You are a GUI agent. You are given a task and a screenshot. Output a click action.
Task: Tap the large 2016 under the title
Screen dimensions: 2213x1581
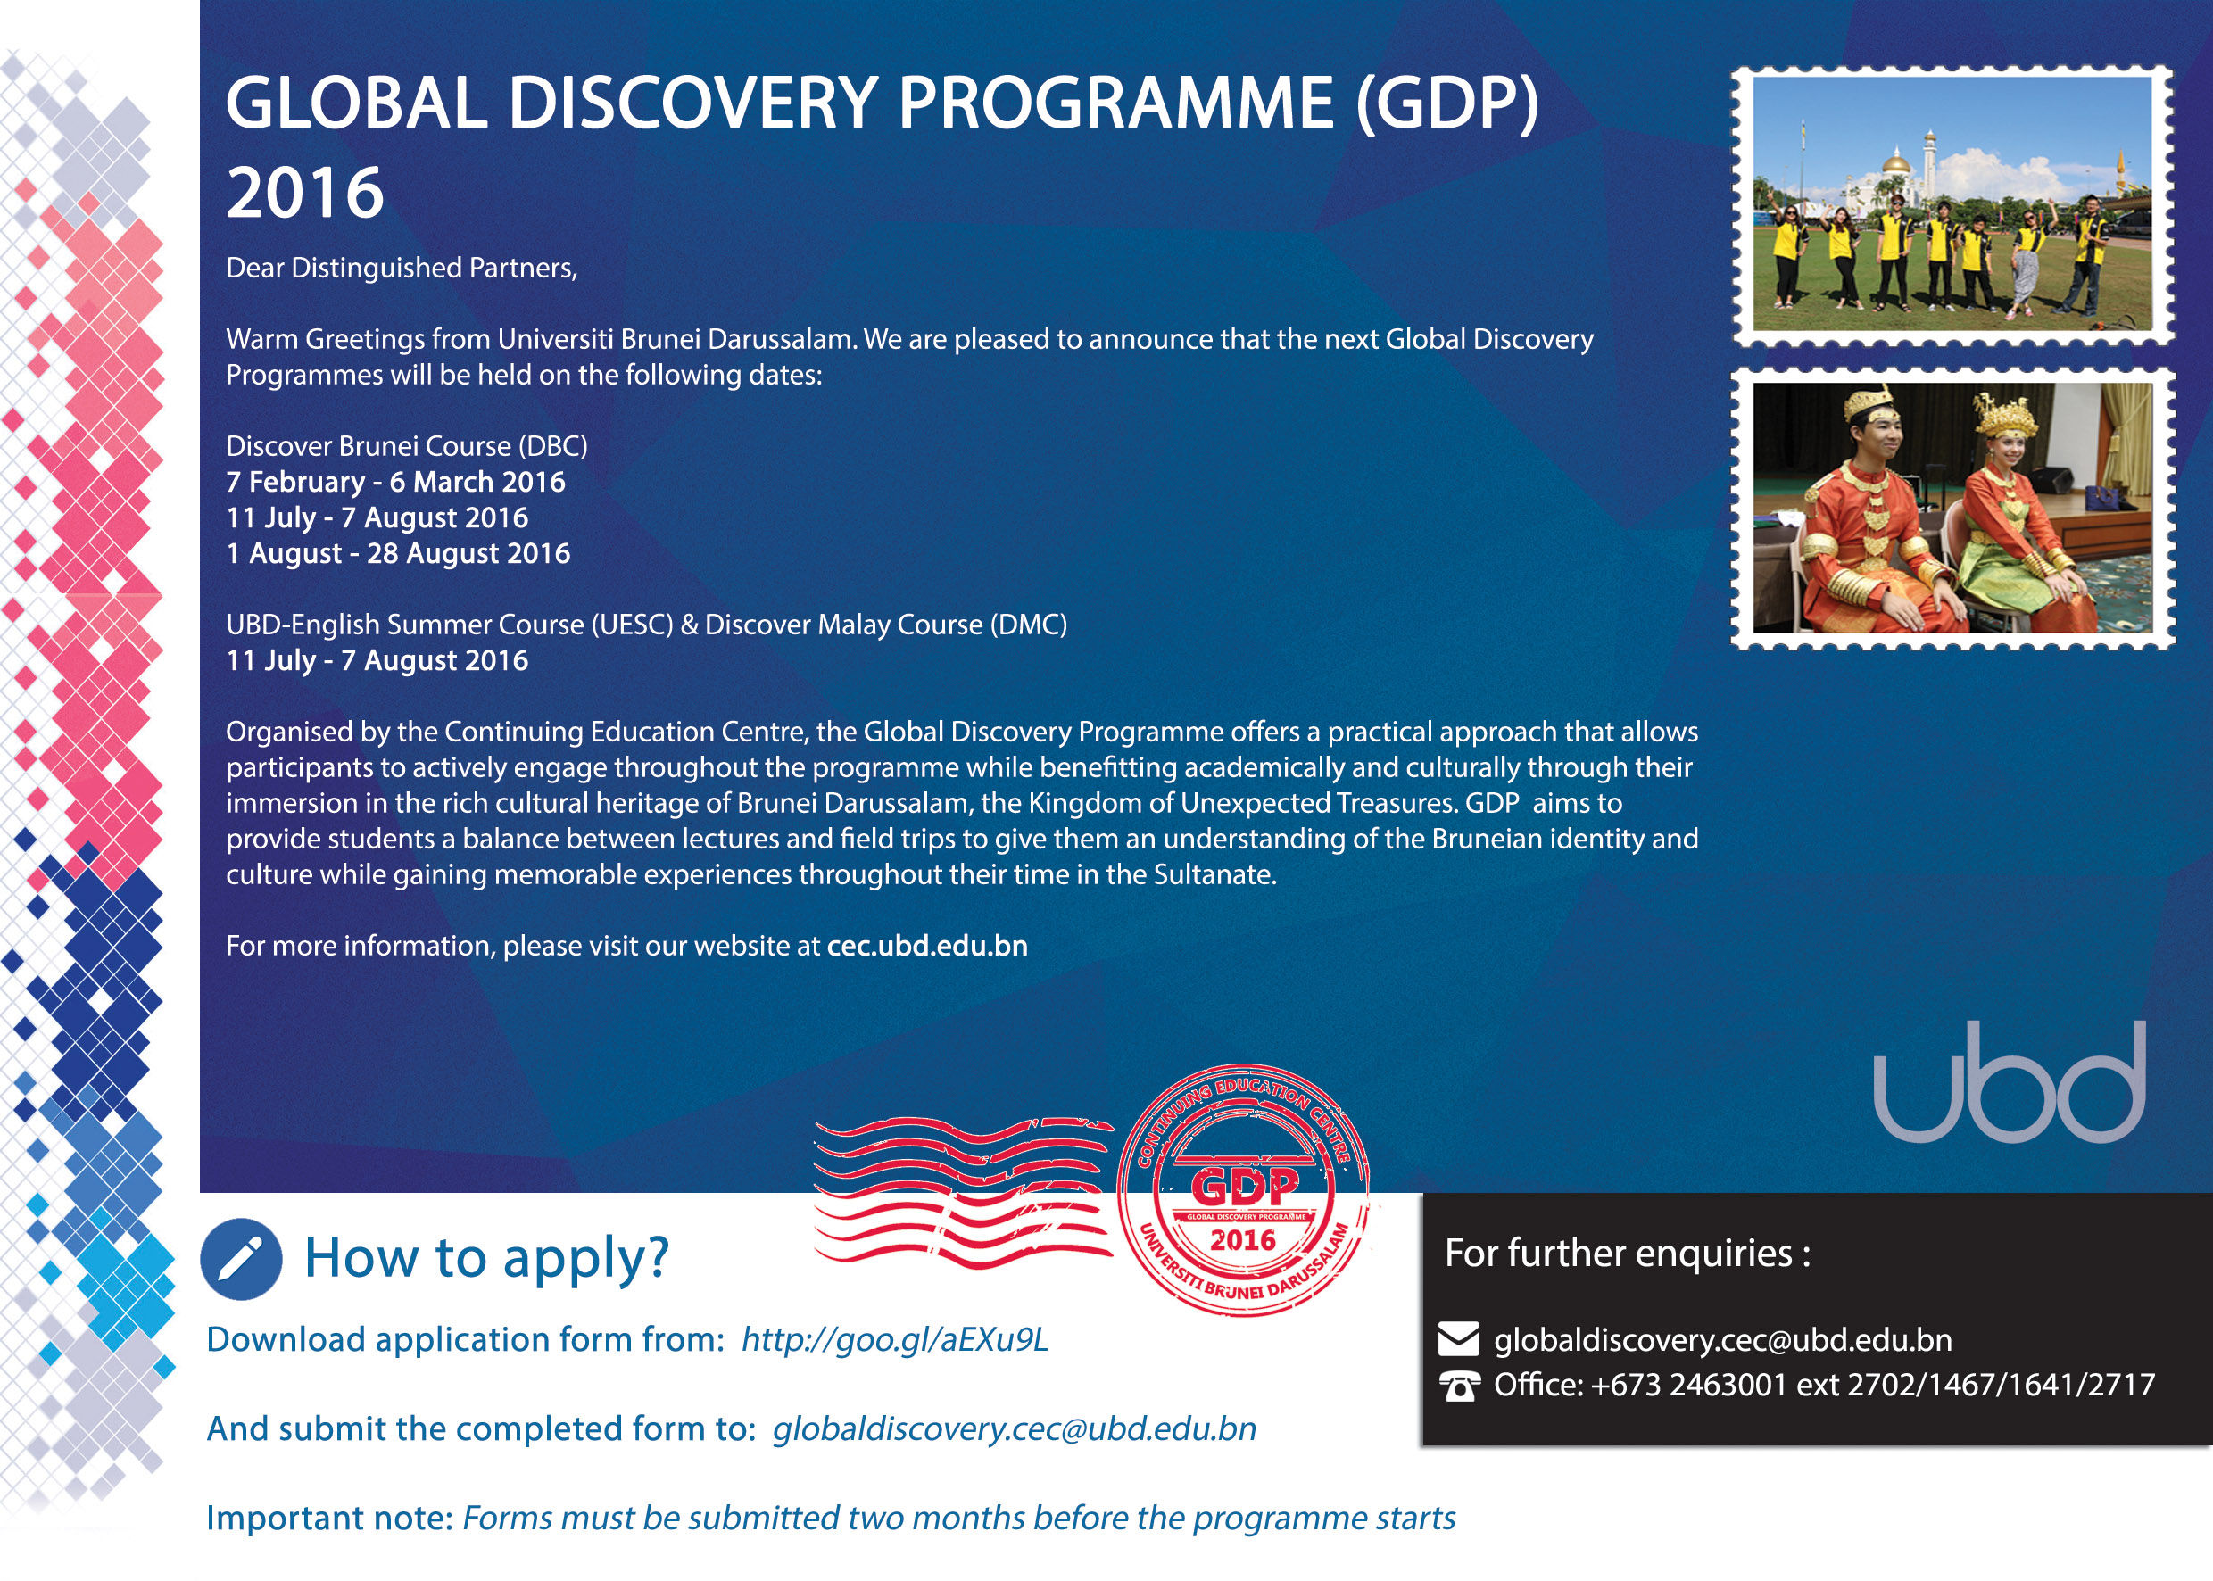pos(305,192)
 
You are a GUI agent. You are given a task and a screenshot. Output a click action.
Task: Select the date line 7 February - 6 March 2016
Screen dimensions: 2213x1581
pos(395,482)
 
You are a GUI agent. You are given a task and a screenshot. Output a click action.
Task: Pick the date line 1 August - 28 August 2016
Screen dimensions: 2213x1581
pos(398,553)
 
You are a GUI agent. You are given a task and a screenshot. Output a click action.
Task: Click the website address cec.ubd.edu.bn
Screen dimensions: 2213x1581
pos(927,947)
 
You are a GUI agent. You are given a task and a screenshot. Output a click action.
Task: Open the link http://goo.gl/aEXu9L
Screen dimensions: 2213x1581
pos(895,1339)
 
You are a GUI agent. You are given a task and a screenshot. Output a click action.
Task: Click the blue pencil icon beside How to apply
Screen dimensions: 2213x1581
pos(242,1259)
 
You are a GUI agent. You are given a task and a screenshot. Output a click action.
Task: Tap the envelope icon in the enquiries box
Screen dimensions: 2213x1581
pos(1458,1339)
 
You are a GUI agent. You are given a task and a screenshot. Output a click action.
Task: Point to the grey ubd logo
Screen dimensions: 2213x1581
pos(2010,1081)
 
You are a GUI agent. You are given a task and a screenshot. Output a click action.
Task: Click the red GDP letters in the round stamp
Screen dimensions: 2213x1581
pos(1244,1187)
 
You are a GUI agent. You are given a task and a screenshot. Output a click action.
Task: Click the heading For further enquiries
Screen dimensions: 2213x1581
pos(1627,1253)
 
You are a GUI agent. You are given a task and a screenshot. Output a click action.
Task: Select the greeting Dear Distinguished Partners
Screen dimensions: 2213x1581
pos(402,268)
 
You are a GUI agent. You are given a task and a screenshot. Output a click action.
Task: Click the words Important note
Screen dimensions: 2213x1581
pos(329,1518)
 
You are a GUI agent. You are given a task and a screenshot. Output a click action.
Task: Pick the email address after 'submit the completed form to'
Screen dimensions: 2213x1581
pos(1015,1428)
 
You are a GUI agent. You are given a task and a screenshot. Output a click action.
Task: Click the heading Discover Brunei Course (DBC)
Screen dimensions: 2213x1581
pos(407,446)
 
